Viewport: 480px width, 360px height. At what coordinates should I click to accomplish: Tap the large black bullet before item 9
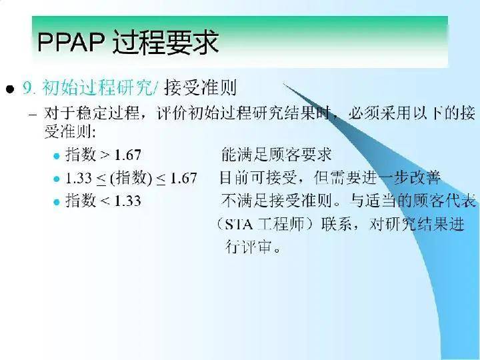10,89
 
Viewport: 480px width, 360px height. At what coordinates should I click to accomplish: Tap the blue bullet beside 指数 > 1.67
56,156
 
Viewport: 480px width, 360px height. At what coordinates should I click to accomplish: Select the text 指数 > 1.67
103,155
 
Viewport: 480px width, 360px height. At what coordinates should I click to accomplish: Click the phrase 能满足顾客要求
276,155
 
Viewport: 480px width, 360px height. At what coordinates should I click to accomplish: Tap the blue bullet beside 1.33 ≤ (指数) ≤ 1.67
56,179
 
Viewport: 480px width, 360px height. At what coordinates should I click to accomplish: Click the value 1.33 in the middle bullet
79,178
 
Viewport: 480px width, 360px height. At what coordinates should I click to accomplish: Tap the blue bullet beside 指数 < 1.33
56,201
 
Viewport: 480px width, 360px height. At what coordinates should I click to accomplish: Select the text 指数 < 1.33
103,201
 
